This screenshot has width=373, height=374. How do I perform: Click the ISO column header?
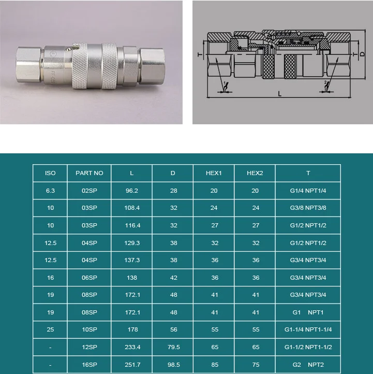tap(50, 173)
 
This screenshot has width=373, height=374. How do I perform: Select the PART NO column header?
tap(89, 173)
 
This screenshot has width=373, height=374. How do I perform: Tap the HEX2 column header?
tap(255, 173)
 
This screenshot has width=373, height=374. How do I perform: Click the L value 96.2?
tap(131, 191)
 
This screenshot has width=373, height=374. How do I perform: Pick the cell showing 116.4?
tap(131, 225)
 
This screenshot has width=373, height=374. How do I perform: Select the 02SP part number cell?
tap(89, 191)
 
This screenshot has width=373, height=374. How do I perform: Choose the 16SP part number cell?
tap(89, 365)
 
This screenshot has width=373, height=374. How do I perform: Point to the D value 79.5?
tap(173, 347)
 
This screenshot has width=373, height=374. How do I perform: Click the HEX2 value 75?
tap(255, 365)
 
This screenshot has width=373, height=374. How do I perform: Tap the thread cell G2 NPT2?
tap(308, 365)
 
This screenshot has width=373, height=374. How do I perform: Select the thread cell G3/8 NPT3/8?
tap(308, 208)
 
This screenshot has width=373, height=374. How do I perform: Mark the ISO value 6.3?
tap(50, 191)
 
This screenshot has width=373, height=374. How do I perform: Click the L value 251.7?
tap(131, 365)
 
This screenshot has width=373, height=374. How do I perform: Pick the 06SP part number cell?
tap(89, 278)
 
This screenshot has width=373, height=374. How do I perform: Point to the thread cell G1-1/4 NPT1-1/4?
tap(308, 330)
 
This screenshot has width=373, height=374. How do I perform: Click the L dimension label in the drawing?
tap(279, 94)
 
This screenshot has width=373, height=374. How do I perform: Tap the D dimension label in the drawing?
tap(362, 53)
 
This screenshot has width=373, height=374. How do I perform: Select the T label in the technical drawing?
tap(199, 54)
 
